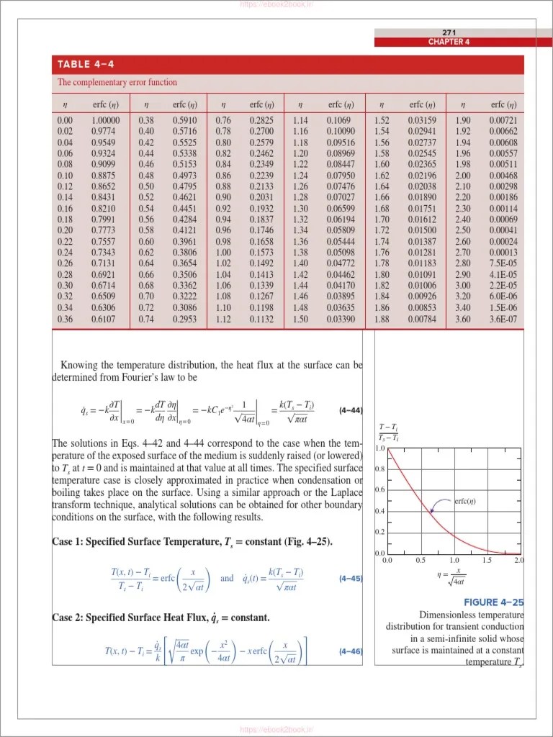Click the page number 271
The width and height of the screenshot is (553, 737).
pyautogui.click(x=449, y=32)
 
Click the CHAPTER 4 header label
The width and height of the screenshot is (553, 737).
pyautogui.click(x=449, y=42)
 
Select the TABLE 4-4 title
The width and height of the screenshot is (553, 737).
pyautogui.click(x=86, y=64)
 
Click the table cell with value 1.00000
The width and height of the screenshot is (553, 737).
pyautogui.click(x=106, y=120)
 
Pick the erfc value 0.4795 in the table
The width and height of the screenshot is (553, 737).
pyautogui.click(x=185, y=186)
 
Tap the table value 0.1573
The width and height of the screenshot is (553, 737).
pyautogui.click(x=261, y=253)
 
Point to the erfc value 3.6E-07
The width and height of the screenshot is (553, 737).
pyautogui.click(x=502, y=319)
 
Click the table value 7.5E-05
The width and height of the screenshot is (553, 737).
pyautogui.click(x=502, y=263)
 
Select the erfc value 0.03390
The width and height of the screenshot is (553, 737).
pyautogui.click(x=341, y=319)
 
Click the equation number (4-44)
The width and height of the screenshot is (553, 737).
pyautogui.click(x=350, y=411)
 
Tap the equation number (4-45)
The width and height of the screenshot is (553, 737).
pyautogui.click(x=350, y=578)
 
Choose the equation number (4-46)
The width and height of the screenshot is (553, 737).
pyautogui.click(x=350, y=652)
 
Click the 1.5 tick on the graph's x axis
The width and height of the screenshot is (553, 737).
pyautogui.click(x=487, y=560)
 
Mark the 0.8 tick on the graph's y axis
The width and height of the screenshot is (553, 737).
pyautogui.click(x=379, y=469)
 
